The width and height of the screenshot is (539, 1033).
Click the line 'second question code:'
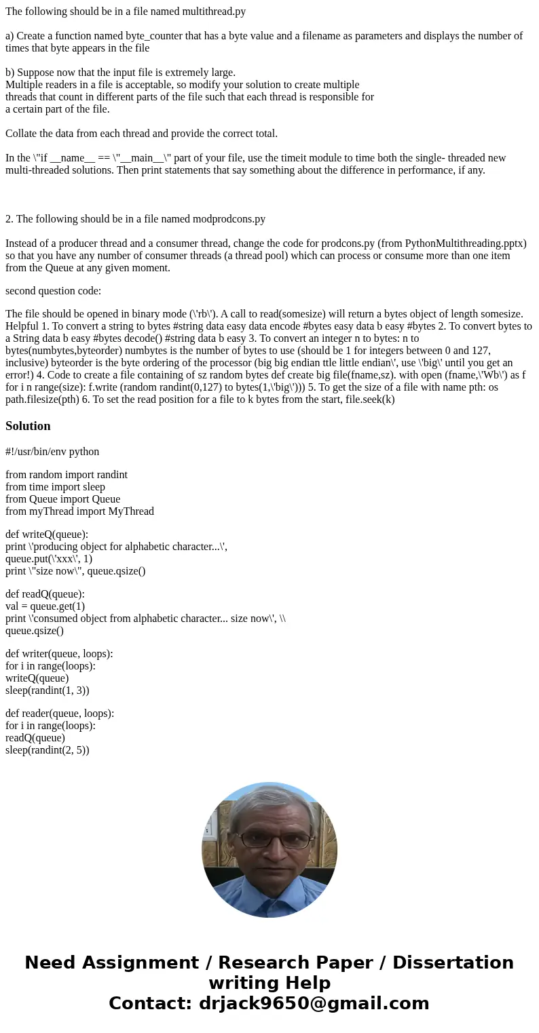(53, 291)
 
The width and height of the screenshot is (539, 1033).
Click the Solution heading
(28, 426)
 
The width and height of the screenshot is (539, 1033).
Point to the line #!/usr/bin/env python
(52, 452)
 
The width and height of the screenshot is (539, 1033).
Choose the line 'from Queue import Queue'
(62, 499)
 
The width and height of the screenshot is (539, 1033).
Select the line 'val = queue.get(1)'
(45, 606)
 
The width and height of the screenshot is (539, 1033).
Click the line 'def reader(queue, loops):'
(60, 714)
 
